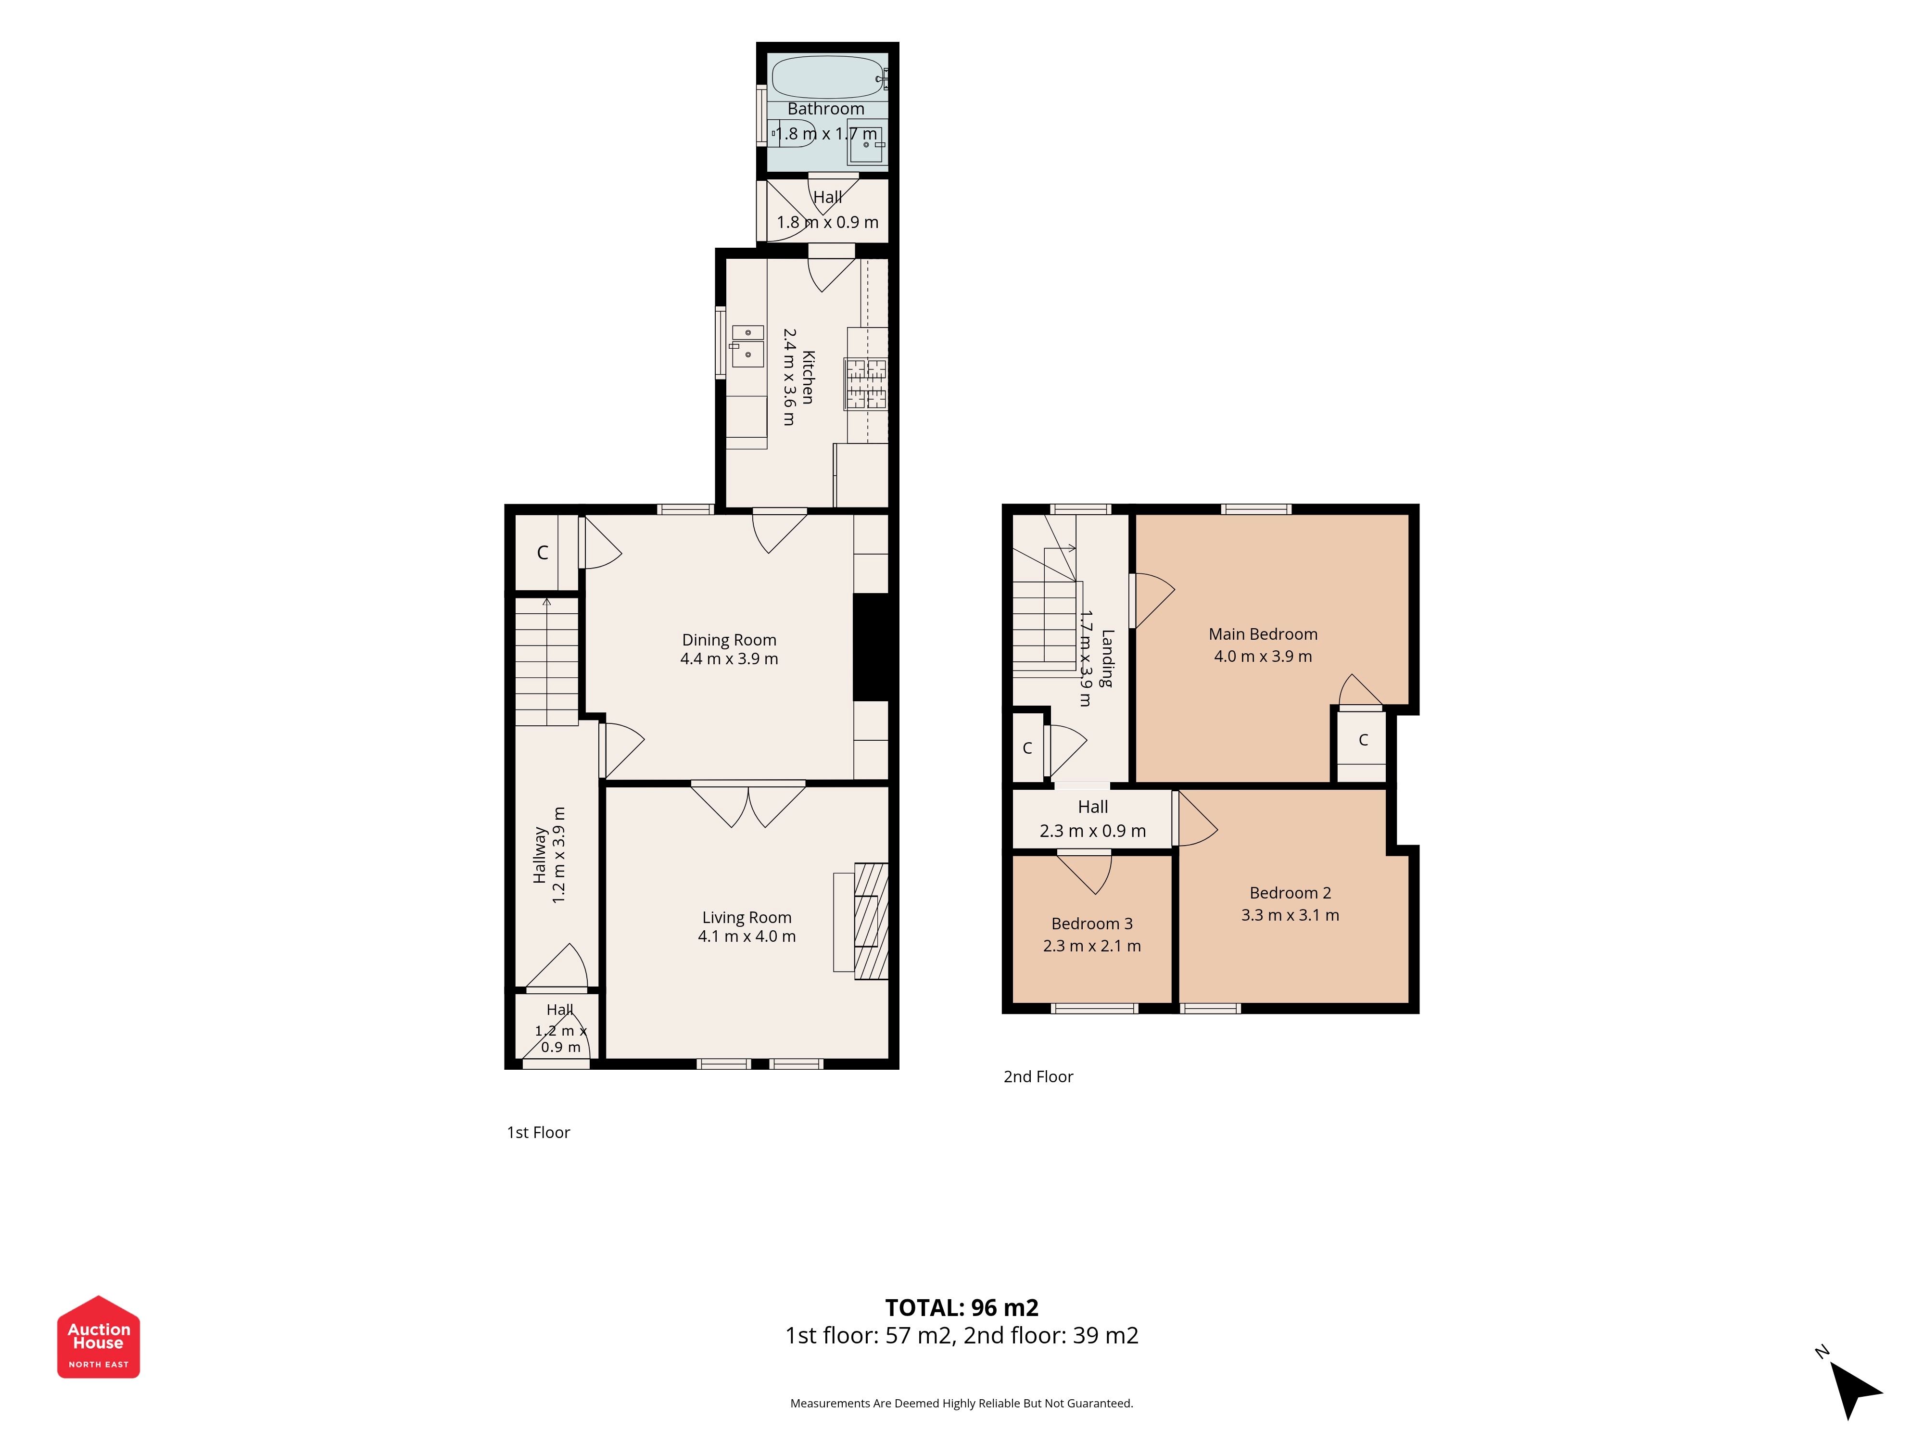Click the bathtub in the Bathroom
829,77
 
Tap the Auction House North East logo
98,1336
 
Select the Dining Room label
729,640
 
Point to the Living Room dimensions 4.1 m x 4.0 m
747,937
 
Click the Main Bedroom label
1263,634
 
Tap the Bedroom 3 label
1091,924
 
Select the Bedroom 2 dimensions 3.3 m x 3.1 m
1290,915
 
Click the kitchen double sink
747,345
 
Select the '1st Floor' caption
538,1132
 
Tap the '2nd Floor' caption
1038,1077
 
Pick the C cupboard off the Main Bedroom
1362,740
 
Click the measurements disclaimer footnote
961,1403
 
